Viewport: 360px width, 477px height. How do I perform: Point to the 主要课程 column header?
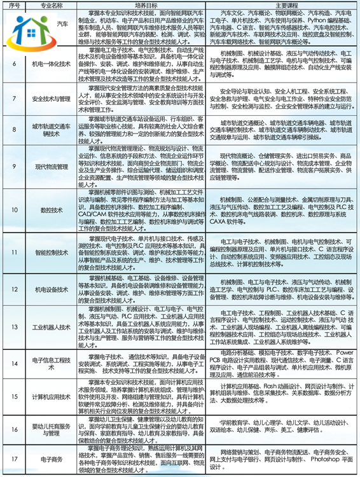(282, 4)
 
